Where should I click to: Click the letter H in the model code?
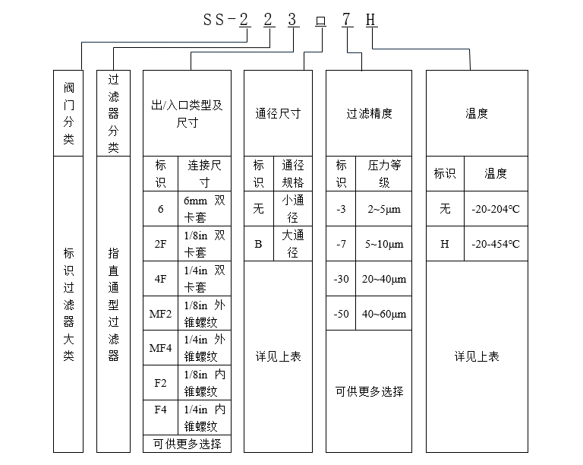click(x=370, y=20)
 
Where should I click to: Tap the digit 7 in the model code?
click(x=346, y=20)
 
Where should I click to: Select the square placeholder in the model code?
click(x=321, y=21)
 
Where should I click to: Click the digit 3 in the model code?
click(x=292, y=20)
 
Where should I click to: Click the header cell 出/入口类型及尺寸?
click(x=187, y=113)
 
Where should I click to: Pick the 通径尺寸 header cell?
click(x=278, y=113)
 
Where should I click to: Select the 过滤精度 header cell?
click(x=369, y=113)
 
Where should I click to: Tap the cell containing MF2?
click(x=161, y=314)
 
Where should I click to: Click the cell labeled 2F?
click(x=161, y=244)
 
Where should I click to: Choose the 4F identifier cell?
click(x=161, y=279)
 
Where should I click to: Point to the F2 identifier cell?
click(x=161, y=383)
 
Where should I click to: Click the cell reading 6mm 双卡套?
click(x=204, y=209)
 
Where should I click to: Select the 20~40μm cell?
click(x=383, y=279)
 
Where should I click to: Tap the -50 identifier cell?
click(x=341, y=314)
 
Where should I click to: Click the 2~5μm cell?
click(x=383, y=209)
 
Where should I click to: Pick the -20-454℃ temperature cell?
click(x=496, y=244)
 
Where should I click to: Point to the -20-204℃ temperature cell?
click(x=496, y=209)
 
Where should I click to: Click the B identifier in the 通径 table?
click(x=259, y=244)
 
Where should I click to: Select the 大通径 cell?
click(x=293, y=244)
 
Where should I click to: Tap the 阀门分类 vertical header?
click(x=68, y=113)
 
